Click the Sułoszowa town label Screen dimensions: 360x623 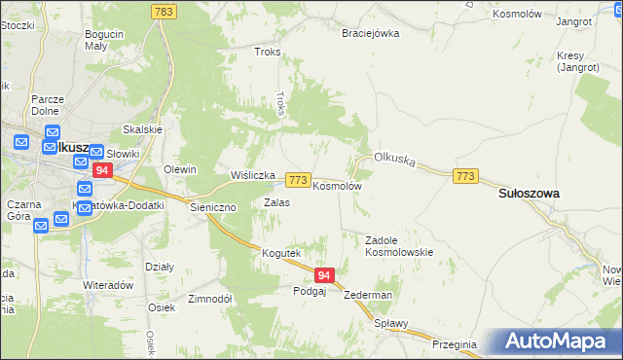tap(529, 194)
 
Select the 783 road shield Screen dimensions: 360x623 tap(164, 10)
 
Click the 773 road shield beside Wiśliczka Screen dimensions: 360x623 tap(299, 181)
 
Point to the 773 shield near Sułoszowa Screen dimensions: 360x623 tap(465, 175)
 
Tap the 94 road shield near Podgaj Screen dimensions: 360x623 tap(326, 276)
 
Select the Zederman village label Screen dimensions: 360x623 tap(368, 295)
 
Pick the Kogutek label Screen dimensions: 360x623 tap(280, 253)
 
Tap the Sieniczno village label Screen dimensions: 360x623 tap(212, 208)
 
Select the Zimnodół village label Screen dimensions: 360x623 tap(209, 299)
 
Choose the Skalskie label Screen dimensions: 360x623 tap(141, 129)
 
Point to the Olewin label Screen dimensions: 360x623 tap(180, 169)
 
